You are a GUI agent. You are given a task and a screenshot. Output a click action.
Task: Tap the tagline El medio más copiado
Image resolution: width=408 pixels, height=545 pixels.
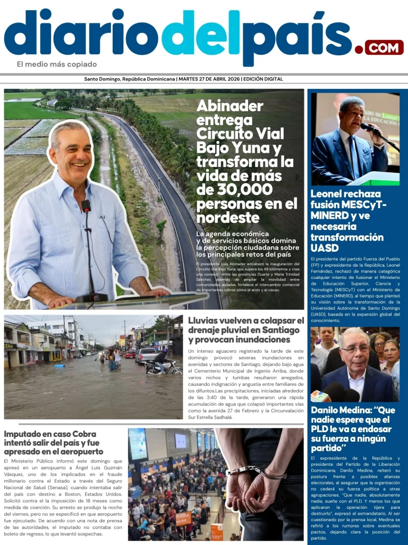[x=57, y=64]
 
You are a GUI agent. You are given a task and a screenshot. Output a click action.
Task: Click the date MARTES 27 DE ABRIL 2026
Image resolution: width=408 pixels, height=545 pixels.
[x=209, y=79]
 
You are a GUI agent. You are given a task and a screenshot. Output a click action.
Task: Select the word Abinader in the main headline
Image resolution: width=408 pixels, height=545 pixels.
[x=229, y=105]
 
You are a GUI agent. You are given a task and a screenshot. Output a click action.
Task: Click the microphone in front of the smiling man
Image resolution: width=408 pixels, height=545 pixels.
[x=86, y=205]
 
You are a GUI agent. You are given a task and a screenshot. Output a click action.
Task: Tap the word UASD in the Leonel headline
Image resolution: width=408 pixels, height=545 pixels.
[x=324, y=248]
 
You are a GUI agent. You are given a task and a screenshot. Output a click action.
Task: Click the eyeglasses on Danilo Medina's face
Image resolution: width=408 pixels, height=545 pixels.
[x=355, y=350]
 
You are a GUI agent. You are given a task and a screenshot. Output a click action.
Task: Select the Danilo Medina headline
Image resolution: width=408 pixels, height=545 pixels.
[x=353, y=429]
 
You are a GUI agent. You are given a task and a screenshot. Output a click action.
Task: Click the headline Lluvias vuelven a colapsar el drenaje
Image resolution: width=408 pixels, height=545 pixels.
[x=245, y=329]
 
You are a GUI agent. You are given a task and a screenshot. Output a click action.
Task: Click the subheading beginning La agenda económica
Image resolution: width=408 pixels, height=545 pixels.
[x=248, y=244]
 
